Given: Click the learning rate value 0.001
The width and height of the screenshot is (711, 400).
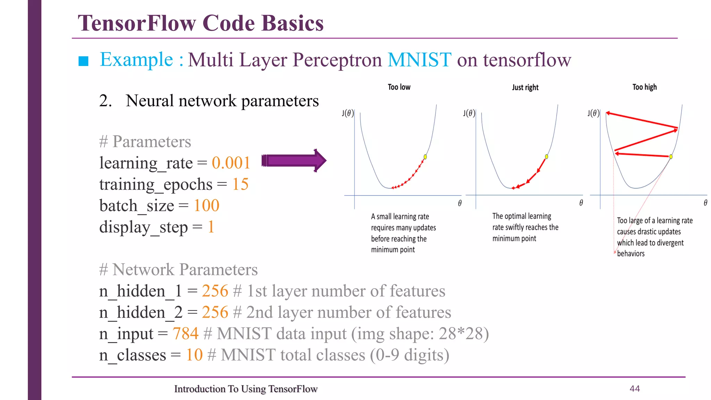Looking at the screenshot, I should pos(231,163).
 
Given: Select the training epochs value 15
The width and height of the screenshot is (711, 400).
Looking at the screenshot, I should pos(240,184).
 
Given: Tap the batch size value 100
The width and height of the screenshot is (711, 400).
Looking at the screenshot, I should pos(206,206).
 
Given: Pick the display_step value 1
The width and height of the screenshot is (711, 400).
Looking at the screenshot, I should pos(211,227).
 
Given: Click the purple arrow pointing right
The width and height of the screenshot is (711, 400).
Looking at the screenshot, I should pos(294,160).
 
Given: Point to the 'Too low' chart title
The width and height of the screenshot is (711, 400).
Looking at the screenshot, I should pos(399,87).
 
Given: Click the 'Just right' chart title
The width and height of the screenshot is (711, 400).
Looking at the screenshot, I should pos(525,87).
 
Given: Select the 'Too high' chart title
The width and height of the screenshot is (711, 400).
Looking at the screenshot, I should pos(644,87).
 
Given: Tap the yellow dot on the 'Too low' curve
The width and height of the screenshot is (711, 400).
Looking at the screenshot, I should pos(425,157).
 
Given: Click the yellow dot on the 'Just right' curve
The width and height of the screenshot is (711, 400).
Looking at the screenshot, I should pos(546,157).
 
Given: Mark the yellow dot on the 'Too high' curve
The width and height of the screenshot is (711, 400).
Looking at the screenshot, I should pos(671,157).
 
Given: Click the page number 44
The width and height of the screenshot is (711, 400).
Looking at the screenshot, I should pos(635,389).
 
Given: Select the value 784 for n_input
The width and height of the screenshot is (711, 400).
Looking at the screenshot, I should pos(185,334).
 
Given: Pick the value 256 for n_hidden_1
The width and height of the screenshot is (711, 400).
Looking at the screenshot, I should pos(215,291).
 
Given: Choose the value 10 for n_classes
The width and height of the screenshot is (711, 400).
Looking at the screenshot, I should pos(194,355).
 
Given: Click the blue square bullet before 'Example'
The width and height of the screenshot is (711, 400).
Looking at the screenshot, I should pos(84,61).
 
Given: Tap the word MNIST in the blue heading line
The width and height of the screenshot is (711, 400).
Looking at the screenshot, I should pos(419,60).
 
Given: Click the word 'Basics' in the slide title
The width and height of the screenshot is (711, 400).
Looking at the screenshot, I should pos(292,23).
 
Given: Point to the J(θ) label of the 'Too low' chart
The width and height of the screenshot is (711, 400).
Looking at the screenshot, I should pos(348,113).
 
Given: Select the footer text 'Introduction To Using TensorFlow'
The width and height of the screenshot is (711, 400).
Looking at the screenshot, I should pos(246,389).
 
